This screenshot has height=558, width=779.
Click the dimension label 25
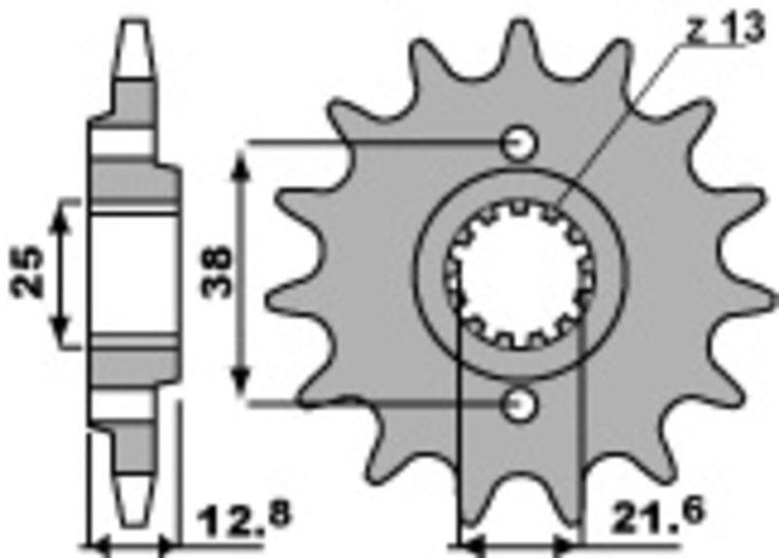[29, 272]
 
